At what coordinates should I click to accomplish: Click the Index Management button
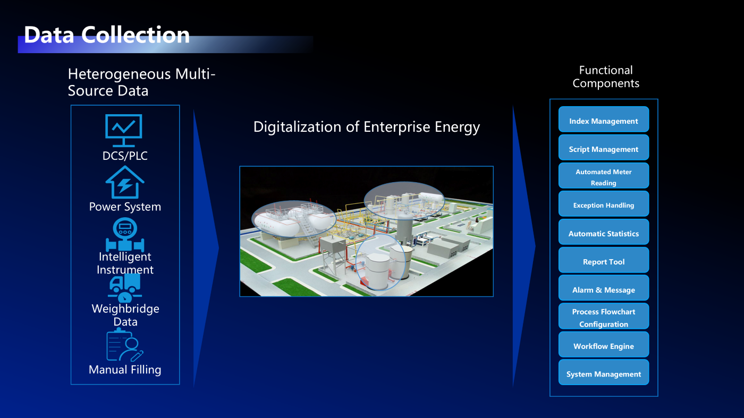(x=604, y=119)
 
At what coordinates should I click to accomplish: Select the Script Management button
(x=604, y=148)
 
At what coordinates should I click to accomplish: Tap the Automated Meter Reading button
(x=604, y=176)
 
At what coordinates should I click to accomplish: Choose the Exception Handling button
(x=604, y=203)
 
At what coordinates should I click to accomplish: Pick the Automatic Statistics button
(x=604, y=232)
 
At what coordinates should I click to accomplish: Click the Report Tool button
(x=604, y=260)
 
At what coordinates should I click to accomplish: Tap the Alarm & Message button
(x=604, y=288)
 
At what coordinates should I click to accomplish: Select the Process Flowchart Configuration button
(x=604, y=316)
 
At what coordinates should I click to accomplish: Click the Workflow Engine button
(x=604, y=344)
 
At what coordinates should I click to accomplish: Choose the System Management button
(x=604, y=372)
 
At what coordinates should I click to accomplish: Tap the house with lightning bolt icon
(x=125, y=182)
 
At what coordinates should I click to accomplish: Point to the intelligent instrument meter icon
(x=125, y=234)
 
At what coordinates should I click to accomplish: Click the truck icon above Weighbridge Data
(x=125, y=288)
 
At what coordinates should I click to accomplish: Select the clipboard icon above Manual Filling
(x=124, y=345)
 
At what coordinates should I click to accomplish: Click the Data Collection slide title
(x=107, y=35)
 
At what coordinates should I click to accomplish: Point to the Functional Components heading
(x=606, y=76)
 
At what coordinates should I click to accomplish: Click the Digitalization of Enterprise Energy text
(x=366, y=127)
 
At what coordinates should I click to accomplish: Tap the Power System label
(x=125, y=207)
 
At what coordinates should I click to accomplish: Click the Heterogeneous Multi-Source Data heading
(x=141, y=82)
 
